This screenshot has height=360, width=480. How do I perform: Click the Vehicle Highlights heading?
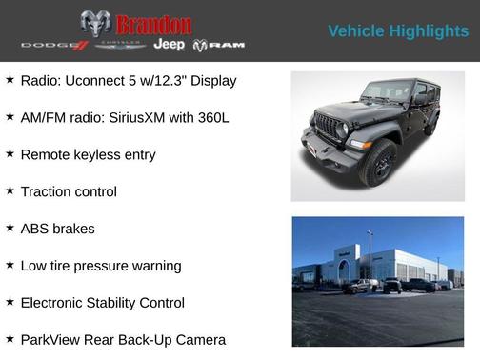tap(398, 31)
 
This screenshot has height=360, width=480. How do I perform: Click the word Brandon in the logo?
tap(153, 24)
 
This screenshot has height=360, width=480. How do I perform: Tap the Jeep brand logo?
tap(169, 45)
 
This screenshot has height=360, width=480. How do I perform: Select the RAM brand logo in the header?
tap(219, 45)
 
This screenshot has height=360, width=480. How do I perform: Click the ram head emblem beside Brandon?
tap(95, 24)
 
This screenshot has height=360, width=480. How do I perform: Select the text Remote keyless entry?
tap(88, 154)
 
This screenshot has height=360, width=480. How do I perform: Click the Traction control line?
tap(69, 191)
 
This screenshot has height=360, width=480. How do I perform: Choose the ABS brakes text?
tap(57, 229)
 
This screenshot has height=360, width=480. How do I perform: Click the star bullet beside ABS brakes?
tap(10, 228)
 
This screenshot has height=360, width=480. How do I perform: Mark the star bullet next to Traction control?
tap(10, 190)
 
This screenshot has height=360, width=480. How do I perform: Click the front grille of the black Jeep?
tap(328, 128)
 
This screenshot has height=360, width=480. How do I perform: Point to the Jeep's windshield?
tap(386, 92)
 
